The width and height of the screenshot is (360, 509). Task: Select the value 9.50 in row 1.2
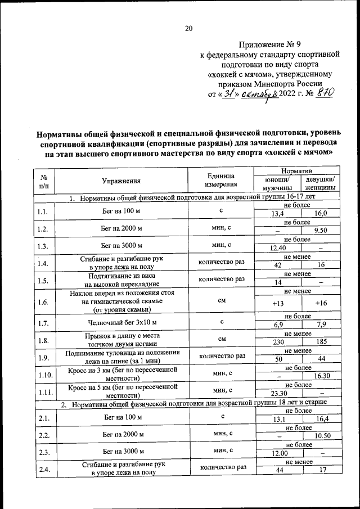click(x=321, y=231)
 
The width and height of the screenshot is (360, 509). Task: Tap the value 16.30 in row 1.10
click(x=321, y=376)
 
